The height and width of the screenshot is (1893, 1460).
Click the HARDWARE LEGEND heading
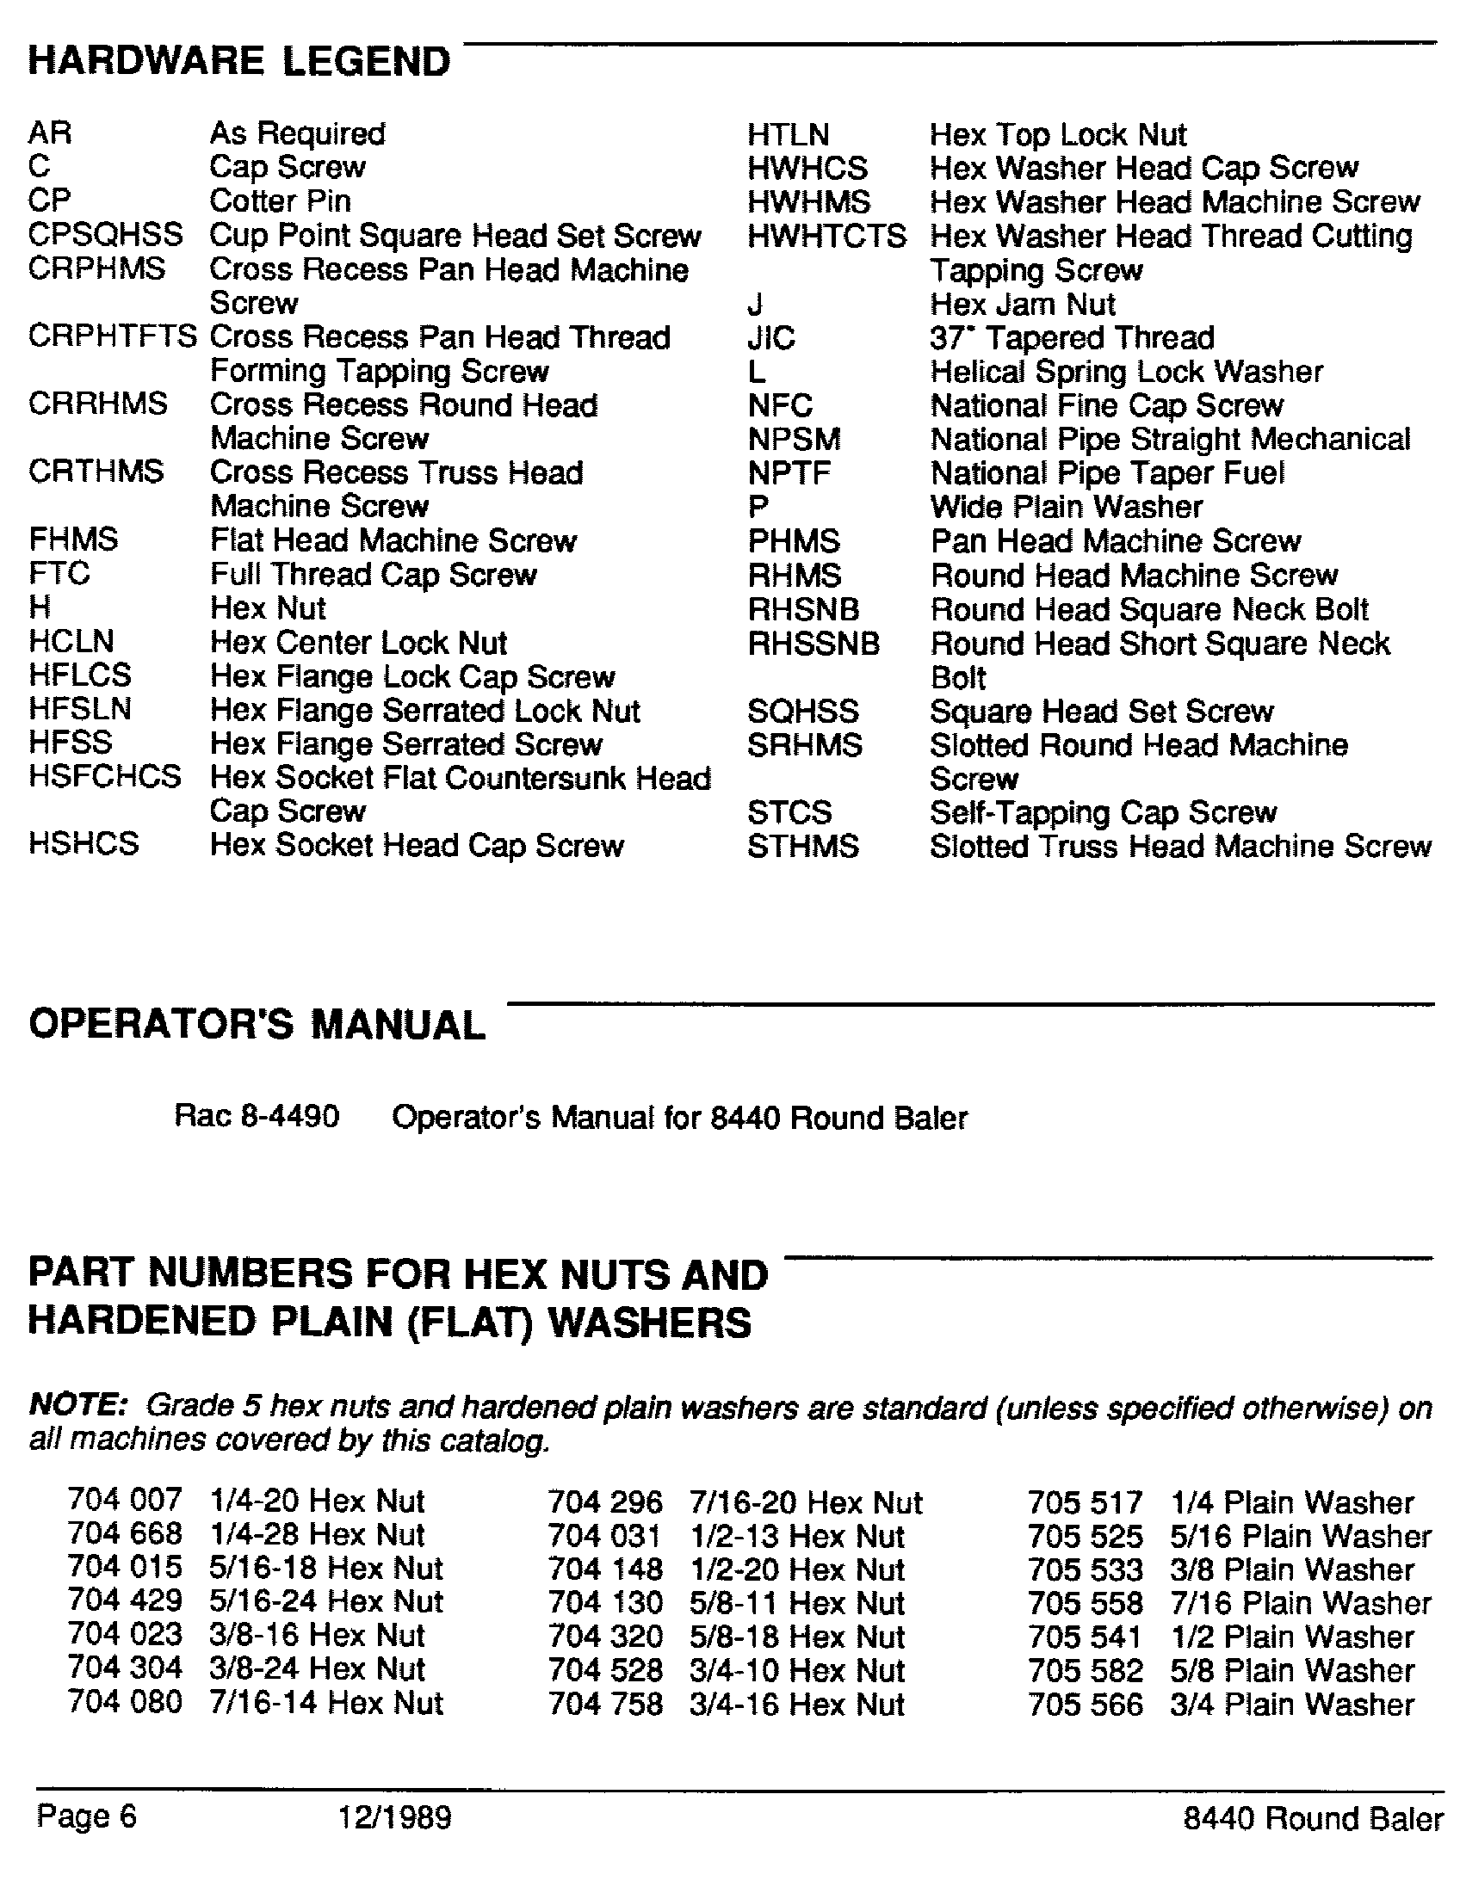click(x=239, y=62)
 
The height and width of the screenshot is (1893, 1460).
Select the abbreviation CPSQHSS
click(x=105, y=234)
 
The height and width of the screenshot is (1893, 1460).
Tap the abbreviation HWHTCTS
click(x=826, y=236)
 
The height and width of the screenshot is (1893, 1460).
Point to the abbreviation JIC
click(x=770, y=337)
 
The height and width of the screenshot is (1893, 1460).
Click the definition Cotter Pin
click(x=280, y=201)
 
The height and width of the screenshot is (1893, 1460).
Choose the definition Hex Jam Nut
click(x=1022, y=305)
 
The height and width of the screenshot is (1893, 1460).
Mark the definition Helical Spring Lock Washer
click(x=1126, y=372)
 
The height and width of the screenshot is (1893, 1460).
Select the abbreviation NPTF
click(x=789, y=473)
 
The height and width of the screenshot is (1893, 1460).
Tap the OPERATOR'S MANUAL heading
click(x=257, y=1025)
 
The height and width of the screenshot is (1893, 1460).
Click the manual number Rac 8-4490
click(x=257, y=1116)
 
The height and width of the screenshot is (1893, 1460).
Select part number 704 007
click(x=125, y=1501)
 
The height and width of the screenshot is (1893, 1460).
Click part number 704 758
click(x=605, y=1704)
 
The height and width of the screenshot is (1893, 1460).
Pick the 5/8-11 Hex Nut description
click(x=797, y=1603)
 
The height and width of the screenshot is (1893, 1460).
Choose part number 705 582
click(x=1086, y=1670)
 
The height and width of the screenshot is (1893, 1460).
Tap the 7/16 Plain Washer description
click(x=1301, y=1603)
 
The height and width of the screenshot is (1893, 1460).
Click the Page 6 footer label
click(x=87, y=1816)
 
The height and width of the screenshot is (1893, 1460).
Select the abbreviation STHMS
click(x=803, y=846)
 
